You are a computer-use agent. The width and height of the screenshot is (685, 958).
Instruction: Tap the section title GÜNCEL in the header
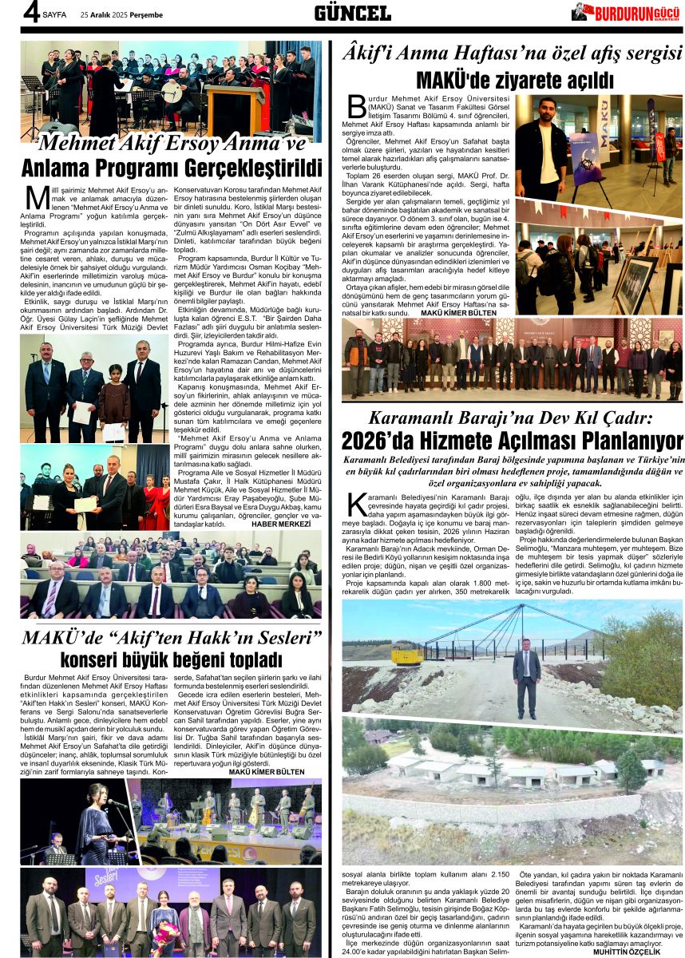click(352, 12)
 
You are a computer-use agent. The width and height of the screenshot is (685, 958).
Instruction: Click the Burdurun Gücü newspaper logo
click(626, 12)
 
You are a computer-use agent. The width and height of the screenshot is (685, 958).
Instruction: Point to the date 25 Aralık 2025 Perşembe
click(121, 14)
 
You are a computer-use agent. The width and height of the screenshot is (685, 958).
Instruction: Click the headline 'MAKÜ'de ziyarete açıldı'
click(514, 81)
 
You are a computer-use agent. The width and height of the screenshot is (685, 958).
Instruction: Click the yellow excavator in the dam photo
click(406, 655)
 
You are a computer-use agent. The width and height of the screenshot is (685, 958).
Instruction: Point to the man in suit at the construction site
click(526, 671)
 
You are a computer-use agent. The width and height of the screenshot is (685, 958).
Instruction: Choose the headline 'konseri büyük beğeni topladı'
click(171, 660)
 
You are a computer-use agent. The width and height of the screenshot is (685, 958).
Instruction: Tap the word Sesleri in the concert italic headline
click(275, 638)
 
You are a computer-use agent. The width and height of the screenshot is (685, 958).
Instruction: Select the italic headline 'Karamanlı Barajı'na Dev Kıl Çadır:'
click(511, 417)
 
